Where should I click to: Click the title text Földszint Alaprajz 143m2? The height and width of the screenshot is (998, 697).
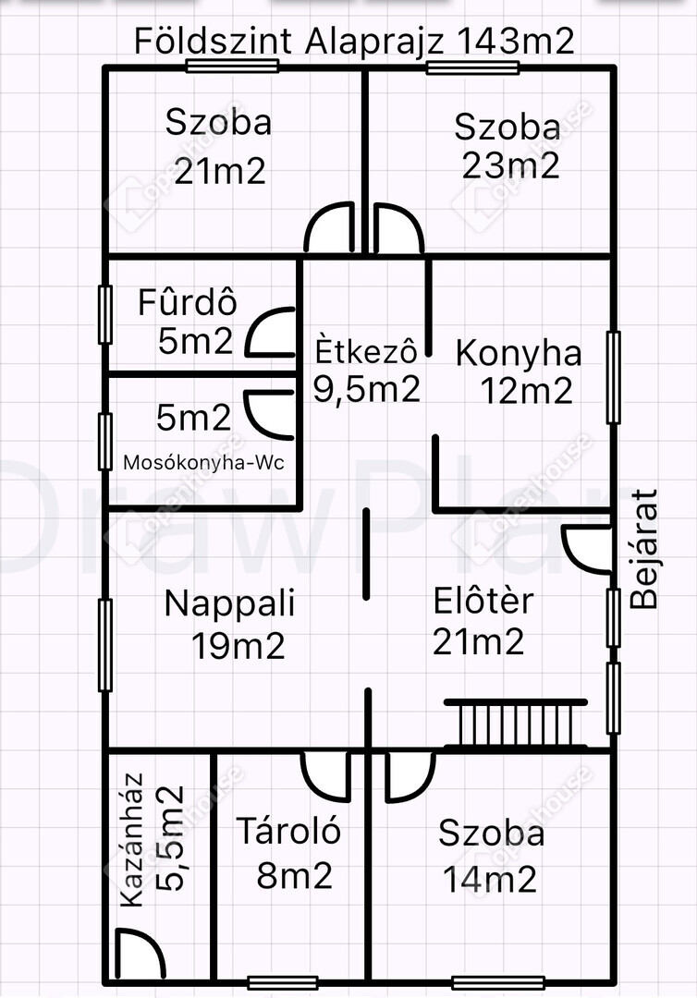pos(354,42)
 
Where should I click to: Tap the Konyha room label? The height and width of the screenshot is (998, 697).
pos(519,354)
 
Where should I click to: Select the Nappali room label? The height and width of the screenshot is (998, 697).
pos(230,603)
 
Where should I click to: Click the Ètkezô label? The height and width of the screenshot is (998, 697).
pos(367,351)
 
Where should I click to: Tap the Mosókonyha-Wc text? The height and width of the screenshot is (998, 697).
pos(203,462)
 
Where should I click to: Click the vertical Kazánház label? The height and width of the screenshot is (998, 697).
pos(132,839)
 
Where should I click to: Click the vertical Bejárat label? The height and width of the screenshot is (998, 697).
pos(644,549)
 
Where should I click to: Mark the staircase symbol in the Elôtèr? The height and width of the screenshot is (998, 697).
pos(516,724)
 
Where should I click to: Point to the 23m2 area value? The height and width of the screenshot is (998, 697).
pos(510,166)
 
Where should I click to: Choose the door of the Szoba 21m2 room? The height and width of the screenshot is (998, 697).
pos(330,228)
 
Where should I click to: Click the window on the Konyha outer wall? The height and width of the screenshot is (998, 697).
pos(613,377)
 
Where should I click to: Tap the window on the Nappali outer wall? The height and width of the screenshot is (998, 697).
pos(105,645)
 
